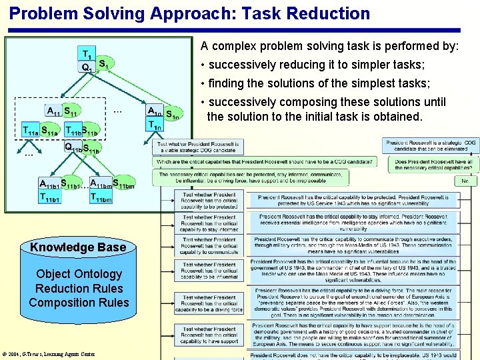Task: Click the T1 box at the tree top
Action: click(x=87, y=53)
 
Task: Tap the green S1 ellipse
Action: click(x=105, y=64)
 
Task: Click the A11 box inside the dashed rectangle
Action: click(x=53, y=111)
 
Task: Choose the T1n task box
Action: click(x=155, y=125)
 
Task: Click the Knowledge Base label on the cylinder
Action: click(x=78, y=247)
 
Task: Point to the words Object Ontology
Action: click(x=79, y=274)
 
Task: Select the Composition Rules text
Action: click(x=79, y=303)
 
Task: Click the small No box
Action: click(x=465, y=181)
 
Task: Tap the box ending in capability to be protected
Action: click(x=209, y=201)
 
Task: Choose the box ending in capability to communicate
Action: click(x=209, y=246)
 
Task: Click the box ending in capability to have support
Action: click(x=209, y=335)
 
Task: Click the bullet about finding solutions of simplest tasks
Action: click(x=319, y=83)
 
